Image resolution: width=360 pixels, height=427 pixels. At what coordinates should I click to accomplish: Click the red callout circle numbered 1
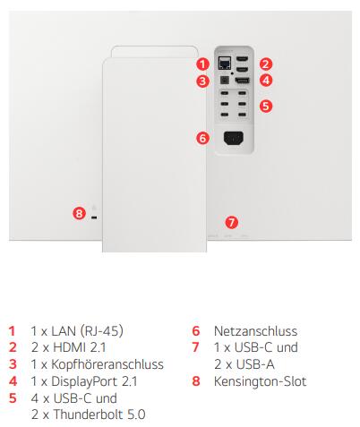click(x=202, y=64)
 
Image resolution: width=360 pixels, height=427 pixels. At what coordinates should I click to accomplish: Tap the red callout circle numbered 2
click(x=266, y=64)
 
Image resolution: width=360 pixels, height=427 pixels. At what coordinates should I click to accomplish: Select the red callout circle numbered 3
click(x=202, y=81)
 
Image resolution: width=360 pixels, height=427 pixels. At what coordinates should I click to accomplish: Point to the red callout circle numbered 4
click(x=266, y=81)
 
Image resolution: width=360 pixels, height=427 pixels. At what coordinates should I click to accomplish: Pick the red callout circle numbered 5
click(x=266, y=106)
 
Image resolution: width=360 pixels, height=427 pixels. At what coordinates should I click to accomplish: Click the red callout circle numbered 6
click(x=202, y=138)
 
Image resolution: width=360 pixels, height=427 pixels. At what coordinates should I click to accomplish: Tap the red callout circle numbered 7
click(x=231, y=222)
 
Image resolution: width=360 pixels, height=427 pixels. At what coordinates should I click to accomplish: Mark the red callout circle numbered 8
click(x=79, y=213)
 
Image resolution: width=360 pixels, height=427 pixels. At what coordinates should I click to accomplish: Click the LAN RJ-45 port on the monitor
click(x=225, y=63)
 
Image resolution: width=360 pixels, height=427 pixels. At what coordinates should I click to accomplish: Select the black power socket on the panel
click(x=234, y=138)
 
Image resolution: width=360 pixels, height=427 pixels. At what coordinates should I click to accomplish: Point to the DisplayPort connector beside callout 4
click(x=243, y=81)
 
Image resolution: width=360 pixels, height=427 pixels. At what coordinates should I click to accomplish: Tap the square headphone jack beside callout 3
click(x=225, y=81)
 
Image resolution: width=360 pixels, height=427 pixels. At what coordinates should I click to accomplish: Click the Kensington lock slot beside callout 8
click(x=94, y=218)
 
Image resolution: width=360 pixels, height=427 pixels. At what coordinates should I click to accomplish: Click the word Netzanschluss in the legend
click(x=255, y=331)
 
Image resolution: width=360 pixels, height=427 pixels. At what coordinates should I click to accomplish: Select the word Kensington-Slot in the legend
click(x=260, y=381)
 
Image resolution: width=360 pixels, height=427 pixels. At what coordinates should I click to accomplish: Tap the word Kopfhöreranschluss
click(x=107, y=364)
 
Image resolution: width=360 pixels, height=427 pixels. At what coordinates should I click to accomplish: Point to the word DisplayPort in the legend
click(x=84, y=381)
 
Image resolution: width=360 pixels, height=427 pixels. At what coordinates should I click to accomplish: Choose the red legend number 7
click(x=196, y=347)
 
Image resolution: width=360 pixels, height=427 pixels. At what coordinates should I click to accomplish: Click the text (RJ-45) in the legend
click(x=102, y=331)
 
